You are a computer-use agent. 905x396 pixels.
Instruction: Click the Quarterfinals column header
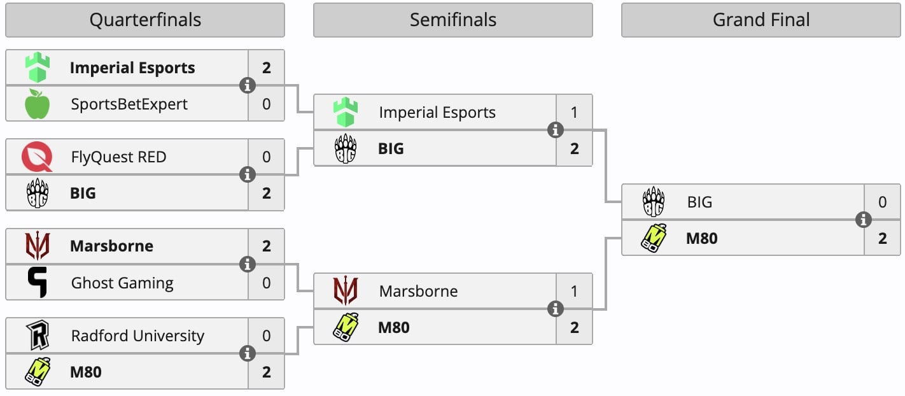[145, 20]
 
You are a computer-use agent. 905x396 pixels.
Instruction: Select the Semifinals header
[452, 20]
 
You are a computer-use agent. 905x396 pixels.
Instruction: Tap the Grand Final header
[761, 20]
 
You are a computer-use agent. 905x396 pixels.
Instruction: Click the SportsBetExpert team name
[129, 104]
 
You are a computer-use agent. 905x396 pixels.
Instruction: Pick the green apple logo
[37, 104]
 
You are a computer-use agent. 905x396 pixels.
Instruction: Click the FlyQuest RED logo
[37, 157]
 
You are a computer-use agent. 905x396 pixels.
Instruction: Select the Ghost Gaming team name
[122, 283]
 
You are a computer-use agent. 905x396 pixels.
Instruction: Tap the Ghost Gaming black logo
[37, 283]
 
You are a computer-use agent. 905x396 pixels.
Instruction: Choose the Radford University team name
[137, 336]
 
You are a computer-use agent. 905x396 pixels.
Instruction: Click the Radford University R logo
[37, 336]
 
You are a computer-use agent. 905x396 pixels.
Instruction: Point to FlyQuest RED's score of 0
[266, 157]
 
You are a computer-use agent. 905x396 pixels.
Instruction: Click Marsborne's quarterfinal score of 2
[266, 246]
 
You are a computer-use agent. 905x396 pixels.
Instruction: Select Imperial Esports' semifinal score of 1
[574, 113]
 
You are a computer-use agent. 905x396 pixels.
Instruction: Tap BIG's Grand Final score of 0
[882, 202]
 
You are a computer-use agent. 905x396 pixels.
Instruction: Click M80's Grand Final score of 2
[882, 239]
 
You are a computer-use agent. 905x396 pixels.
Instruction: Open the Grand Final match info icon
[864, 220]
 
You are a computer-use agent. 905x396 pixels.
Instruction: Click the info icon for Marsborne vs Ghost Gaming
[248, 264]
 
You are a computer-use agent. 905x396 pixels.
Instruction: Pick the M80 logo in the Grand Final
[654, 238]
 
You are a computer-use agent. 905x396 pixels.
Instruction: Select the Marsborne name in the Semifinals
[418, 292]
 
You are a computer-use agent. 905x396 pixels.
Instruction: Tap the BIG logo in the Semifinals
[346, 149]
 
